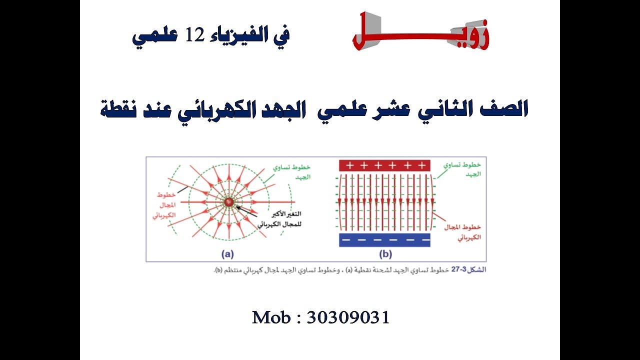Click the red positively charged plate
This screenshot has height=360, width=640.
click(x=384, y=165)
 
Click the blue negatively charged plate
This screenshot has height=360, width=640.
click(x=384, y=240)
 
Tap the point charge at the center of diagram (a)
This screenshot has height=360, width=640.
click(x=228, y=201)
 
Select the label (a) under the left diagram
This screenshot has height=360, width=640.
click(x=228, y=254)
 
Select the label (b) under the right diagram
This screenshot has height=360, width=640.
click(x=385, y=254)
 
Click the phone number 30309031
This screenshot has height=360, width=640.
click(x=348, y=317)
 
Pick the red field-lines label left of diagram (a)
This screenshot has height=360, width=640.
click(x=164, y=205)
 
